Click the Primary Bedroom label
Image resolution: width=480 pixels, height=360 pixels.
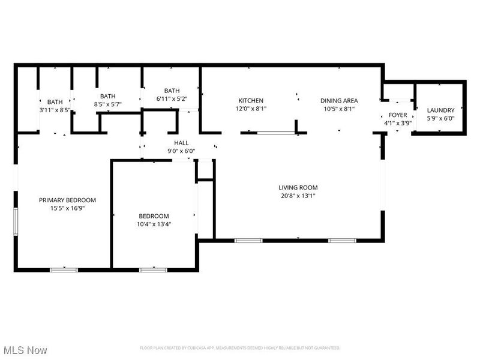click(x=67, y=200)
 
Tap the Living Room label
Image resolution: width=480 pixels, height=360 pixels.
click(x=298, y=187)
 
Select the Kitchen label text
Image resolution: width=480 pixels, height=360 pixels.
click(x=251, y=101)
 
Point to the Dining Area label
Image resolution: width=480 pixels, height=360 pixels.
click(x=339, y=101)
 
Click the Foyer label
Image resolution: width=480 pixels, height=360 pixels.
click(x=398, y=115)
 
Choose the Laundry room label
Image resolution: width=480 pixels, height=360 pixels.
click(x=440, y=110)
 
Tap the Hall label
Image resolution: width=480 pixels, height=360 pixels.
click(x=181, y=143)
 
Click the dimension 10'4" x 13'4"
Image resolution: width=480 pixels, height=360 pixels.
click(x=154, y=224)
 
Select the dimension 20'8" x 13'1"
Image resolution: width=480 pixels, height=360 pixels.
click(x=298, y=196)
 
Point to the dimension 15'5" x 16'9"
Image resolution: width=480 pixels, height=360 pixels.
click(x=67, y=208)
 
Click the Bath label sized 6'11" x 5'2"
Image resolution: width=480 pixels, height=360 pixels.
click(x=172, y=91)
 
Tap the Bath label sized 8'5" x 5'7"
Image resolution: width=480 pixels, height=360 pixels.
click(x=107, y=96)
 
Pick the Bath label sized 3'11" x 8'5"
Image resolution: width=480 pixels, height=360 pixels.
click(x=55, y=102)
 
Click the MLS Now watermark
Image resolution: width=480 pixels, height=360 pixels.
click(x=25, y=349)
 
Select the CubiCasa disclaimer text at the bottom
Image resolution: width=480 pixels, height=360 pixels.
click(x=240, y=348)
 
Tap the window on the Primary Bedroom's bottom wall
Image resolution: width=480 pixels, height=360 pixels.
click(x=64, y=269)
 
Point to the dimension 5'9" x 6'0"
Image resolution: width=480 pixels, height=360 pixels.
click(x=440, y=118)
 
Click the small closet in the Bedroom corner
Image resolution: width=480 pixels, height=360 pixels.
click(x=205, y=170)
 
